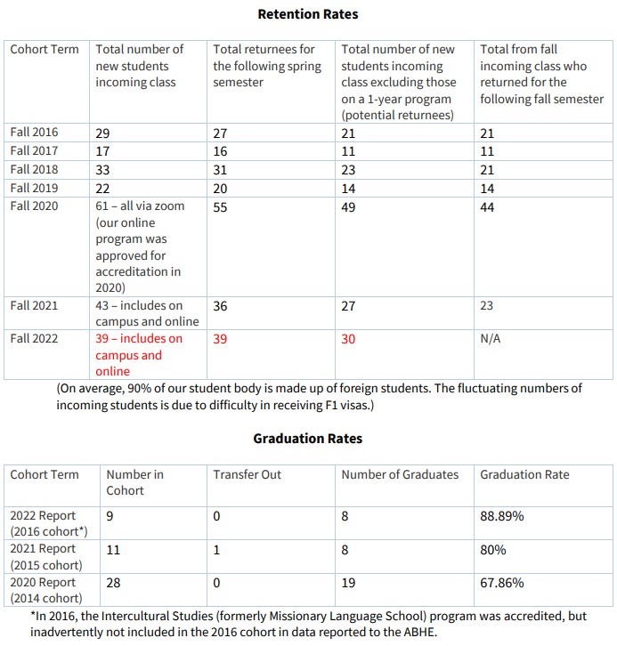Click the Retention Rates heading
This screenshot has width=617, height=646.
click(x=308, y=14)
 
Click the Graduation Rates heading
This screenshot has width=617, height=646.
click(x=308, y=439)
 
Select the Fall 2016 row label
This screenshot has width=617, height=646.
click(x=35, y=133)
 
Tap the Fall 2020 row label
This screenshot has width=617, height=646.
click(x=35, y=206)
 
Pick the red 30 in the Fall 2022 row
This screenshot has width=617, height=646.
click(x=349, y=339)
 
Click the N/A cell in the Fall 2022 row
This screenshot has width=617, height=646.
click(x=491, y=339)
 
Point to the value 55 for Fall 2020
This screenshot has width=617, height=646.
click(x=221, y=206)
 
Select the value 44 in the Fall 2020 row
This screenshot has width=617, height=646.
click(x=488, y=206)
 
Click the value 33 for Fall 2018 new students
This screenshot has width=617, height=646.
click(x=103, y=170)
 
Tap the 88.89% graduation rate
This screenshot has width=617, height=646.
click(x=503, y=515)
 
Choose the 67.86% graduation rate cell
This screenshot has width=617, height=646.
click(x=503, y=583)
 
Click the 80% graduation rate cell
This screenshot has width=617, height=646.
click(x=493, y=549)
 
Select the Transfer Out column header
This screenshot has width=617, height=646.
click(x=247, y=474)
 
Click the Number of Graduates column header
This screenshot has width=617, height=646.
click(x=400, y=474)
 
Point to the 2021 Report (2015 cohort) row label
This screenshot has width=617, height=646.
click(x=45, y=557)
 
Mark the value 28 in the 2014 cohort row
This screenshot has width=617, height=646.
click(x=114, y=583)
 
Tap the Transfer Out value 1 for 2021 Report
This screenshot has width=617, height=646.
click(x=216, y=549)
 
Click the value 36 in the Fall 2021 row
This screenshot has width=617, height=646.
click(x=221, y=306)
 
